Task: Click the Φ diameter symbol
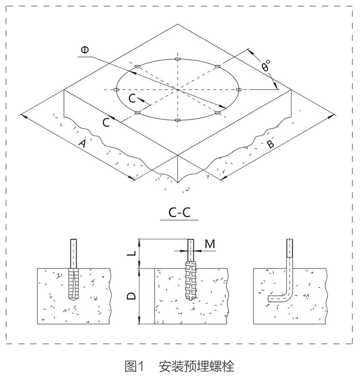coord(85,50)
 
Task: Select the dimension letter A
coord(82,143)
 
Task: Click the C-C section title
coord(180,212)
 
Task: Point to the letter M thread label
coord(210,244)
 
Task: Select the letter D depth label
coord(131,296)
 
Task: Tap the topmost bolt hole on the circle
coord(178,59)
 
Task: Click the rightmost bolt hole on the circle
coord(239,89)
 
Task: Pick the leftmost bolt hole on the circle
coord(116,90)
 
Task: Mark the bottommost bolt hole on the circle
coord(178,120)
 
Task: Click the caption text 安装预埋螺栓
coord(197,367)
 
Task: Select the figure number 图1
coord(134,367)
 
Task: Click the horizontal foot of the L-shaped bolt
coord(277,298)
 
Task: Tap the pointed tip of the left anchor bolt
coord(73,301)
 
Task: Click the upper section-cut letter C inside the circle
coord(132,99)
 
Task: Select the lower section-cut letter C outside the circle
coord(106,123)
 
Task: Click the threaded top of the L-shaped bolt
coord(290,248)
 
